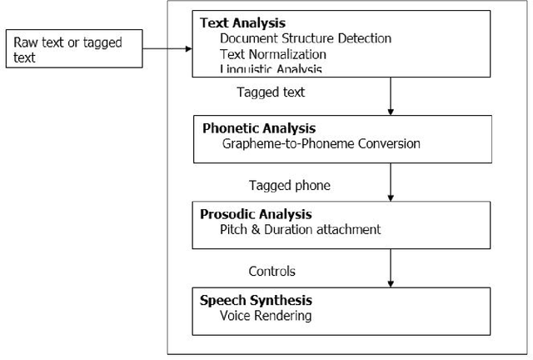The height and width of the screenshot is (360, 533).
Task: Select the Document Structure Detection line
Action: pos(306,38)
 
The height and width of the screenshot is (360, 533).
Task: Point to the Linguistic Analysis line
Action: pos(271,69)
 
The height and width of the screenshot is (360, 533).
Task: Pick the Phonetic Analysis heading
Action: pos(259,128)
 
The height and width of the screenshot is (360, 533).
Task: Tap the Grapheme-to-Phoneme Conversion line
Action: pos(321,143)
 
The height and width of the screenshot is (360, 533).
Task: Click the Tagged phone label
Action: pos(283,184)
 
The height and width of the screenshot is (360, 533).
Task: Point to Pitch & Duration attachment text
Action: pos(301,228)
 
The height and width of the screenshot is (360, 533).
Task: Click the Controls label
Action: pos(271,271)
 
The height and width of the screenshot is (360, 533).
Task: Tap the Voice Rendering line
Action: pos(265,316)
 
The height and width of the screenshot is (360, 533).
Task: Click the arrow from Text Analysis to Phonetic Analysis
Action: pos(390,97)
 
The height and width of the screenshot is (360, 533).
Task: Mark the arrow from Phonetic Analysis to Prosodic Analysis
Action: pos(390,183)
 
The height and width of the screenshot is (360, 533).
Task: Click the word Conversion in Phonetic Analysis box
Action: pos(388,143)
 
